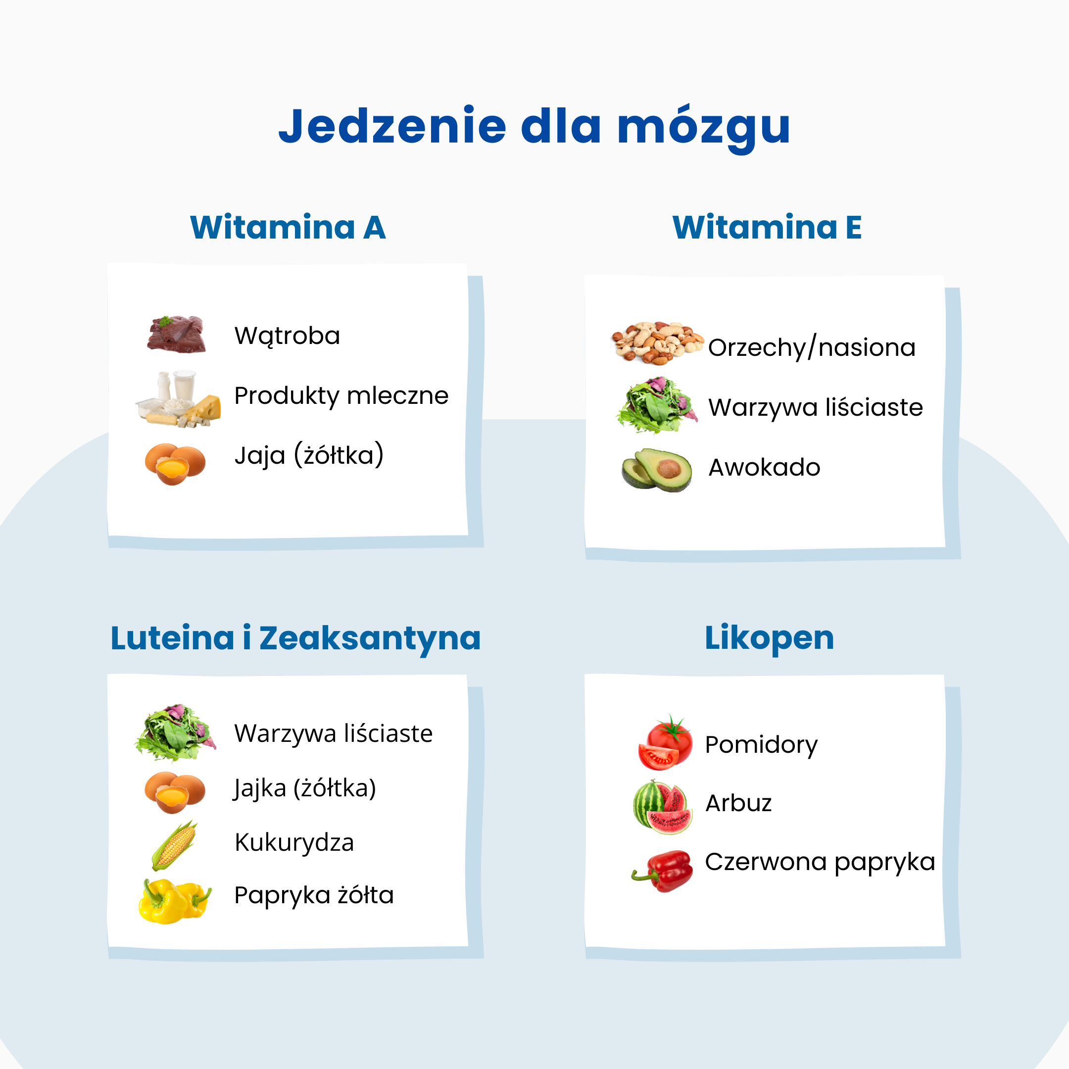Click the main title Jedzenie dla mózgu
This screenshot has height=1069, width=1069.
tap(534, 126)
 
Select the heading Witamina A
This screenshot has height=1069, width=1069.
tap(288, 228)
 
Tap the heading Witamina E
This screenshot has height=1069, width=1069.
tap(767, 228)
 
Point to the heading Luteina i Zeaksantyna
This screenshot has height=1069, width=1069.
tap(295, 638)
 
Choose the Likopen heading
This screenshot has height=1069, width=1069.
tap(769, 638)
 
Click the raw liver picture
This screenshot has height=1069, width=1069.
tap(177, 334)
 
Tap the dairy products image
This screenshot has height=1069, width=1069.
tap(179, 398)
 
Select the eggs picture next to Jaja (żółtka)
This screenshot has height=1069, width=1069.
tap(175, 464)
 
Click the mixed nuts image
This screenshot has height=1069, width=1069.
tap(657, 342)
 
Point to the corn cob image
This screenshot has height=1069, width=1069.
tap(174, 845)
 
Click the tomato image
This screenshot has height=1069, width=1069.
tap(666, 743)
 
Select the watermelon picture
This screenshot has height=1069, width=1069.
tap(663, 807)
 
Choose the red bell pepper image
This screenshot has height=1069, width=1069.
tap(663, 871)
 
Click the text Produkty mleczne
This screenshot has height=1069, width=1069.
tap(341, 395)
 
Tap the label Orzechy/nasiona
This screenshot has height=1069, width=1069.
tap(812, 347)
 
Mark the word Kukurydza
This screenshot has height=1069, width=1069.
tap(294, 843)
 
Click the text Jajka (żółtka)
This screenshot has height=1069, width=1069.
tap(305, 788)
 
